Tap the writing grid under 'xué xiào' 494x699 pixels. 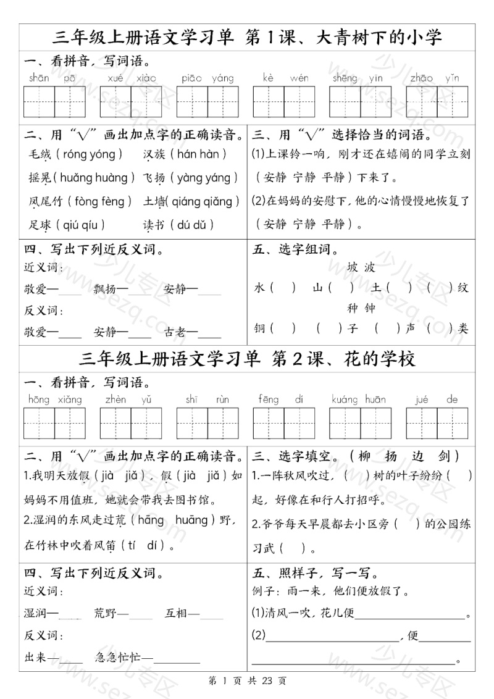tap(131, 101)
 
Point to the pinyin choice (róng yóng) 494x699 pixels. tap(94, 154)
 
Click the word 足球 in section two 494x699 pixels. tap(40, 225)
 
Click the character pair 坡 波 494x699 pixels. tap(361, 268)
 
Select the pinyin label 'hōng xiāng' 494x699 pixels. tap(55, 400)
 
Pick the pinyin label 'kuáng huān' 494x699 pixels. tap(359, 400)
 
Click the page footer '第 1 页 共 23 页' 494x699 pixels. tap(247, 681)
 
